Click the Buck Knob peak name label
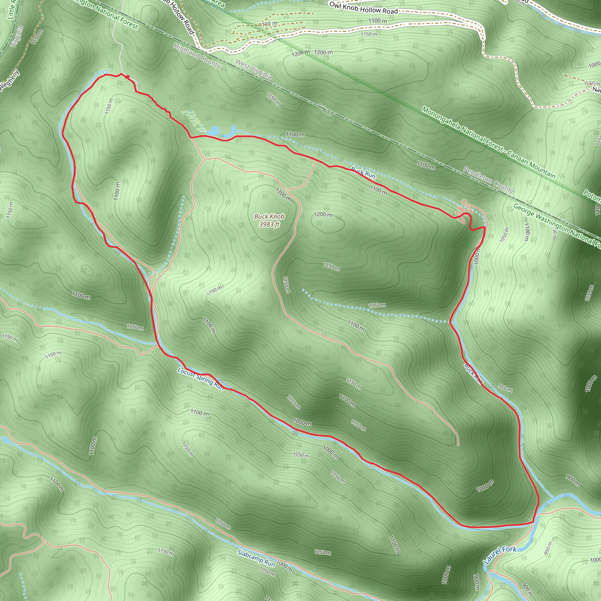269,217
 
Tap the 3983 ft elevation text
269,224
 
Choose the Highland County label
197,55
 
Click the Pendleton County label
488,180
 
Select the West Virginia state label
254,69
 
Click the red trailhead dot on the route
127,77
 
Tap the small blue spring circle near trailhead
105,72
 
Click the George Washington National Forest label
557,226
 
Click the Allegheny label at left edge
9,81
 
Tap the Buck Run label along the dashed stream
363,173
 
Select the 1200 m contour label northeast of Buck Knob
323,215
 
